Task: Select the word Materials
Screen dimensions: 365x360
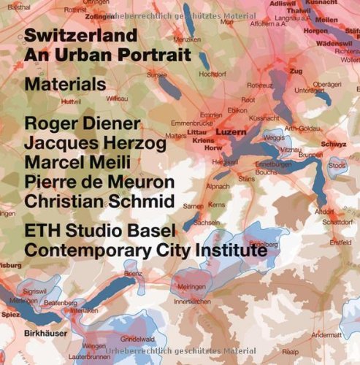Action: (x=65, y=85)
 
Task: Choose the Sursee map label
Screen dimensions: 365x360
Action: (x=157, y=75)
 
